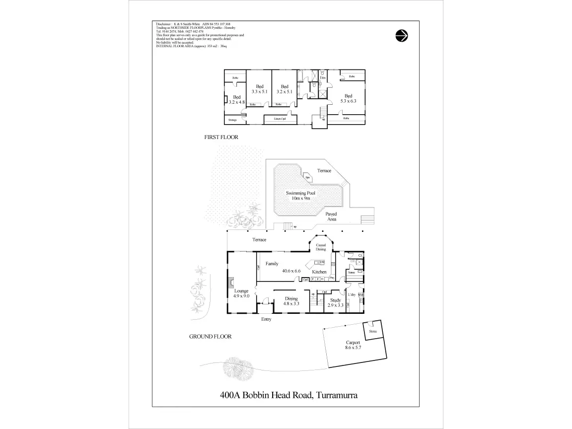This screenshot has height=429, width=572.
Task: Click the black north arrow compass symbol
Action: [x=402, y=35]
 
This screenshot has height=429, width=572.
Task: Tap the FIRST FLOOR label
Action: [x=221, y=137]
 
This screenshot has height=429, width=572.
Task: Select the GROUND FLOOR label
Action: [x=210, y=336]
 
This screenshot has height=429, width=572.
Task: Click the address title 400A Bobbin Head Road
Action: [x=289, y=395]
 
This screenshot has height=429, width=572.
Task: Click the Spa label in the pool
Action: [x=308, y=178]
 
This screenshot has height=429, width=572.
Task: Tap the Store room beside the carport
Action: [x=372, y=331]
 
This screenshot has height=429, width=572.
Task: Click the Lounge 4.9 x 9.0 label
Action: [x=241, y=292]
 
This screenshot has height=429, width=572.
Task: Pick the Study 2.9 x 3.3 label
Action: [x=336, y=302]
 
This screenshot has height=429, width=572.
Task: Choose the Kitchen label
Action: [x=319, y=272]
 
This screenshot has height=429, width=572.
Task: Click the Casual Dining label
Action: [x=321, y=247]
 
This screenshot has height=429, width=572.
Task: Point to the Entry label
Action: [x=266, y=319]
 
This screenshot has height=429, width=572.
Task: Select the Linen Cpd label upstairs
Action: [x=280, y=119]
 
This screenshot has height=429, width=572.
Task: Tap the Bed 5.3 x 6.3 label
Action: [x=348, y=98]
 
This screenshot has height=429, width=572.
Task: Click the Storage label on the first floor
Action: [x=232, y=120]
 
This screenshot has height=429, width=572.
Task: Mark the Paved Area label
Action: [x=331, y=216]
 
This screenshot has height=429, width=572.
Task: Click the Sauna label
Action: [x=351, y=273]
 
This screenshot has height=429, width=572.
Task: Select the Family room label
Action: [x=272, y=264]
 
